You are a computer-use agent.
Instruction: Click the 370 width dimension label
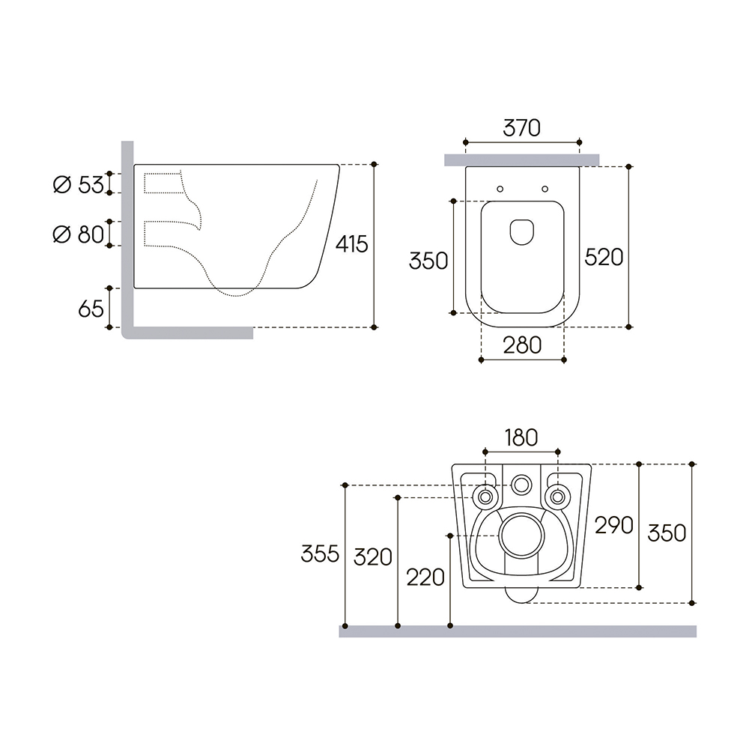[x=521, y=128]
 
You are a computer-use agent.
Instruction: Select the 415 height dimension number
[x=351, y=244]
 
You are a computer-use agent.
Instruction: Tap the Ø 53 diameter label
[x=79, y=185]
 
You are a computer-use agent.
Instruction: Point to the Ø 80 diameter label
[x=79, y=234]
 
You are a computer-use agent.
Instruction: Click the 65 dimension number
[x=91, y=309]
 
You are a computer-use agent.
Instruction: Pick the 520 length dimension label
[x=604, y=258]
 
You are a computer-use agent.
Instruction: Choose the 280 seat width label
[x=522, y=345]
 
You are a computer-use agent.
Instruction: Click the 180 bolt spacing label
[x=521, y=438]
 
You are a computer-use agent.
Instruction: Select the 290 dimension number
[x=614, y=526]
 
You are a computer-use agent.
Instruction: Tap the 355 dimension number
[x=320, y=554]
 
